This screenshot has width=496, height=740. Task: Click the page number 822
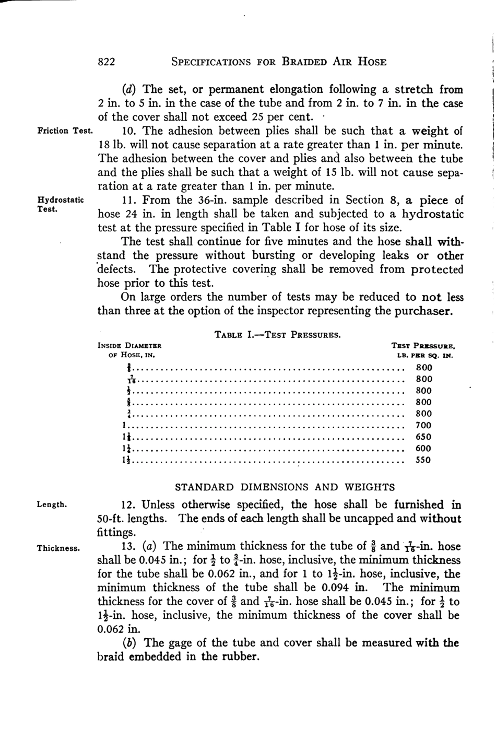pyautogui.click(x=107, y=62)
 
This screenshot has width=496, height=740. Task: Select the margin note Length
pyautogui.click(x=52, y=504)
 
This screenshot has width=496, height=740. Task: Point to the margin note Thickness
pyautogui.click(x=58, y=548)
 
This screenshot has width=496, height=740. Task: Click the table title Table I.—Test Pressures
pyautogui.click(x=278, y=334)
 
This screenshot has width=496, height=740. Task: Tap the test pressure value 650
pyautogui.click(x=423, y=437)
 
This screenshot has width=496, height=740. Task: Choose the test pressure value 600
pyautogui.click(x=423, y=449)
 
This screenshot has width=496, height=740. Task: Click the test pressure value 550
pyautogui.click(x=423, y=460)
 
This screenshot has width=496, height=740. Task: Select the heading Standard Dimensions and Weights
pyautogui.click(x=285, y=487)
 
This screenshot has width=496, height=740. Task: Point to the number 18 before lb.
pyautogui.click(x=103, y=145)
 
